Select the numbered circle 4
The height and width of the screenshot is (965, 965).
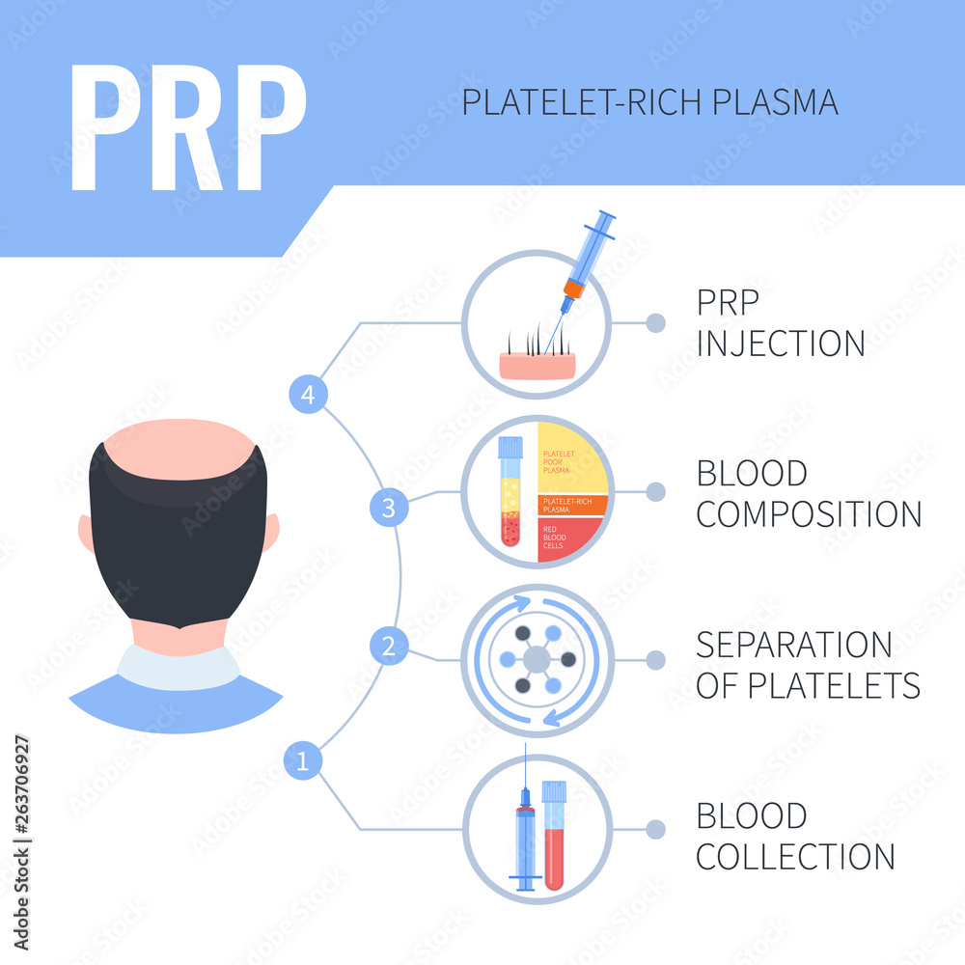308,394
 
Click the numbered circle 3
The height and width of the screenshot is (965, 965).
389,509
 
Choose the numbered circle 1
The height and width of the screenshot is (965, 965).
303,762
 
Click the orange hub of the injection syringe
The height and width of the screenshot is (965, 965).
574,288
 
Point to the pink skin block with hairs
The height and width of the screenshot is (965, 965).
538,365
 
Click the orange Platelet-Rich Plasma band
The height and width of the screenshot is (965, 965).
572,505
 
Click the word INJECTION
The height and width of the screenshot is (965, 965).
781,344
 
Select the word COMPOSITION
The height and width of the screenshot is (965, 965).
809,514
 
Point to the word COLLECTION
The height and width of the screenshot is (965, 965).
796,856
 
